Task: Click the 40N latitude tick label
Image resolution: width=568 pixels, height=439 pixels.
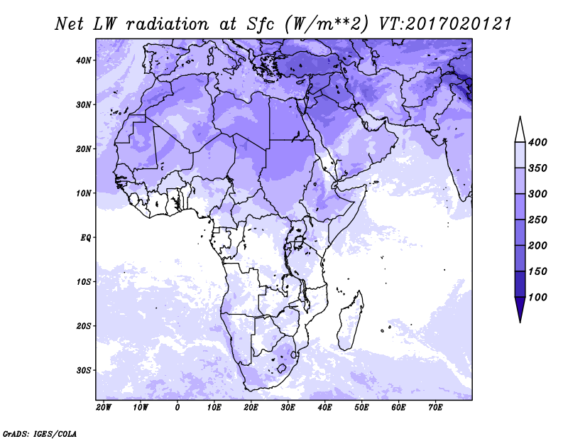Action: click(84, 60)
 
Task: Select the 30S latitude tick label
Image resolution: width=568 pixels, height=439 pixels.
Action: click(84, 371)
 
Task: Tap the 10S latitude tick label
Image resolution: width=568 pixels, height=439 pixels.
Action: click(84, 282)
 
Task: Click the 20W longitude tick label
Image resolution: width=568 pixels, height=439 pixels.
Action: click(104, 408)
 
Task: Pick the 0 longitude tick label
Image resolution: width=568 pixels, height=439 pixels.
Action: click(177, 408)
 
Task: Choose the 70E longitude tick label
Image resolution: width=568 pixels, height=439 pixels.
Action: click(435, 408)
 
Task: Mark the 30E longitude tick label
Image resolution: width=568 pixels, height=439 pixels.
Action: click(288, 408)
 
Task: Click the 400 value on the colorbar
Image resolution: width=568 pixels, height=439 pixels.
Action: click(537, 142)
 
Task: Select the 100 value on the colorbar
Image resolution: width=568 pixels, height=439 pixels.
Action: click(537, 297)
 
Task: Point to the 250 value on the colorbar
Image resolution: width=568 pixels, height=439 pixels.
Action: click(537, 220)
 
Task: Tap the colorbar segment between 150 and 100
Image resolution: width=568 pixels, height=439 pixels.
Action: click(520, 284)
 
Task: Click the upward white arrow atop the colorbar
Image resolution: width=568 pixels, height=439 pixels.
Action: click(520, 129)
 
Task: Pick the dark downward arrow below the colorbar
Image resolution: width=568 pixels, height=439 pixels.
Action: click(520, 309)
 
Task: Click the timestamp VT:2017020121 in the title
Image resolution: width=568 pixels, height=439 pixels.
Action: click(445, 24)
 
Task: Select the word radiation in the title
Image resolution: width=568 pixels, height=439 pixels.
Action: click(168, 24)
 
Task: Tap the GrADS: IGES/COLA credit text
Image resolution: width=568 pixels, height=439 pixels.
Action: click(40, 434)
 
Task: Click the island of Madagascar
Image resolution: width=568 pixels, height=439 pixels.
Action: click(350, 320)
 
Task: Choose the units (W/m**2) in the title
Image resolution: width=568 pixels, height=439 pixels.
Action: click(327, 24)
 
